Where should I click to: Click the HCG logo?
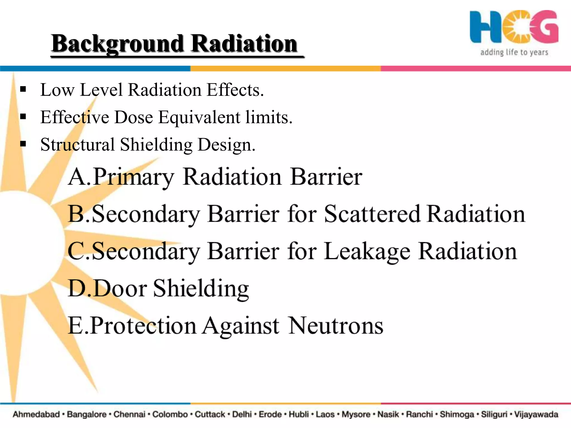(514, 27)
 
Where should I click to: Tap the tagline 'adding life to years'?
(514, 52)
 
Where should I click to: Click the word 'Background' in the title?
(117, 44)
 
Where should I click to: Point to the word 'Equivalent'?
(199, 117)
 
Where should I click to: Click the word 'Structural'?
(78, 145)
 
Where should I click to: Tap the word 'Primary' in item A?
(133, 177)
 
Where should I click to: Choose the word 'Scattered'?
(372, 214)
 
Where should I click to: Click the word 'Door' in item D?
(120, 288)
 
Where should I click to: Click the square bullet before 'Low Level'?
(23, 89)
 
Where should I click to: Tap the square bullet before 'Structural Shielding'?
(23, 144)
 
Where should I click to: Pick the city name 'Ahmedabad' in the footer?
(36, 414)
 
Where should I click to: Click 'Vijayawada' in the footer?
(536, 414)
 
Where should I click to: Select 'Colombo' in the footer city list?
(170, 414)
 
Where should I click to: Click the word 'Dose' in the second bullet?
(134, 117)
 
